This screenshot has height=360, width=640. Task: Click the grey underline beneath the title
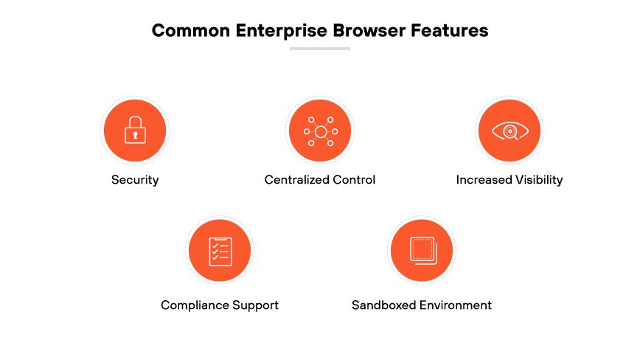[320, 49]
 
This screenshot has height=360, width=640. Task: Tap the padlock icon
[134, 131]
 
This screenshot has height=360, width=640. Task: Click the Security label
[135, 179]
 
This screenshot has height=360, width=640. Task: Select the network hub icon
[320, 131]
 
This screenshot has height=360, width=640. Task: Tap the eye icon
[509, 131]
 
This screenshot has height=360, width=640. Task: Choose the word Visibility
[537, 179]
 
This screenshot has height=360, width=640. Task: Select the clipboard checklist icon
[220, 251]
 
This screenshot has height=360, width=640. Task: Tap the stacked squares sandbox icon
[421, 251]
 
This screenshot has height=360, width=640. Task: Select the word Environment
[456, 305]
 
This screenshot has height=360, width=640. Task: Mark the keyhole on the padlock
[134, 134]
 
